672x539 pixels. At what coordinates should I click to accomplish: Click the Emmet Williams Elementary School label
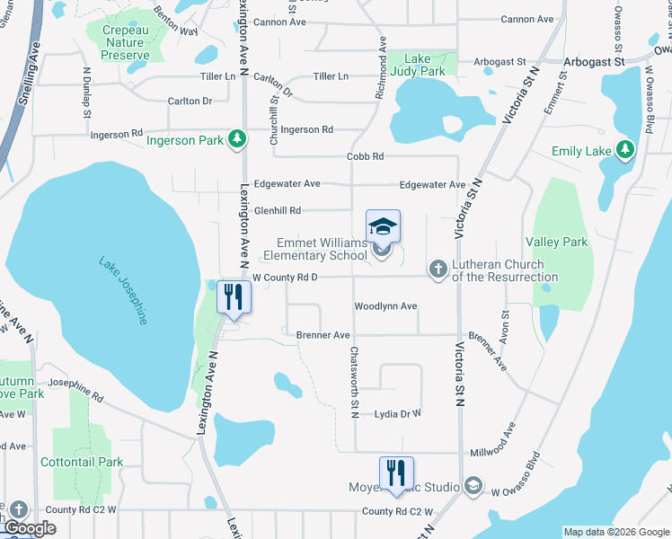coord(321,250)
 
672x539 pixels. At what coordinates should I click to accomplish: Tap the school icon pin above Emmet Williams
coord(383,225)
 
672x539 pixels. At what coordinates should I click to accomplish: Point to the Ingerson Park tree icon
coord(236,139)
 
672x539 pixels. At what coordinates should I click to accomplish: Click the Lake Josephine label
coord(124,291)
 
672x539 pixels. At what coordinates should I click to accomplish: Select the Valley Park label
coord(556,242)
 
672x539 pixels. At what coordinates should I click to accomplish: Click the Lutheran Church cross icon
coord(438,269)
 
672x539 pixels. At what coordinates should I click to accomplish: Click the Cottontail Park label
coord(82,462)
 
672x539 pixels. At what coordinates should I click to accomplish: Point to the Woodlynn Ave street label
coord(385,306)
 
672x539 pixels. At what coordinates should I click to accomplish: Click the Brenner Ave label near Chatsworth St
coord(323,335)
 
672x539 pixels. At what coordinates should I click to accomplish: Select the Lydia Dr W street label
coord(397,414)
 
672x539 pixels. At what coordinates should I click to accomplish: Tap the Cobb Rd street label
coord(366,156)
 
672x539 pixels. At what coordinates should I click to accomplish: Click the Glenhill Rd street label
coord(277,210)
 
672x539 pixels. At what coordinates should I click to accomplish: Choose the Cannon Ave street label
coord(527,19)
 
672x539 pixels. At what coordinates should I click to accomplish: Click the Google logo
coord(30,528)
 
